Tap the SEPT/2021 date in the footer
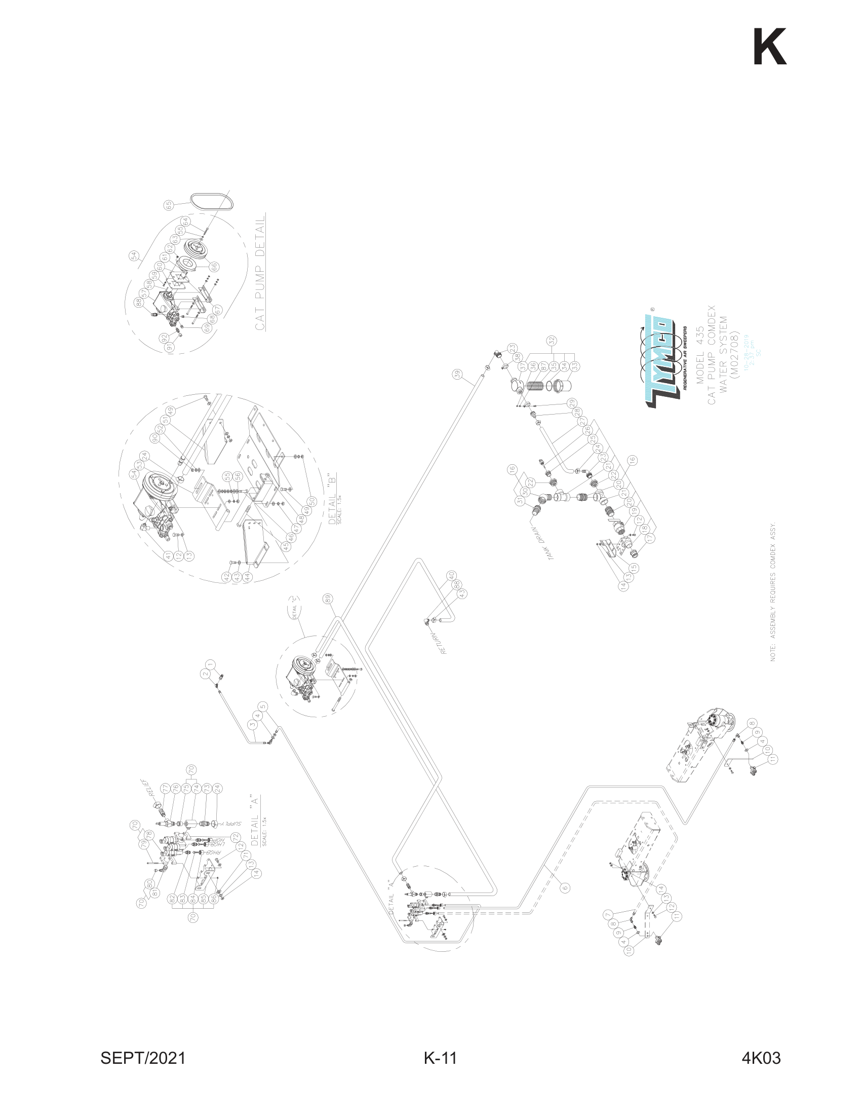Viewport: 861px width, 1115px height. (143, 1058)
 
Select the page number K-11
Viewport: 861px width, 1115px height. (440, 1058)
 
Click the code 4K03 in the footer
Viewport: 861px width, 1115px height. (761, 1058)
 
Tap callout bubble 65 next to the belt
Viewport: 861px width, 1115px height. (169, 205)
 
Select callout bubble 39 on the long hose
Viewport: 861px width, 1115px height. (457, 374)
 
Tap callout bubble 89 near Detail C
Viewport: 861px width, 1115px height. (328, 598)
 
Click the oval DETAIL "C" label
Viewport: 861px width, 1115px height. (295, 608)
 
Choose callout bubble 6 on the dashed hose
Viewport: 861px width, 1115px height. (565, 887)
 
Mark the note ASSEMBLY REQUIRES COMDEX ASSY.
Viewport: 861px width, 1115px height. (773, 591)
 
